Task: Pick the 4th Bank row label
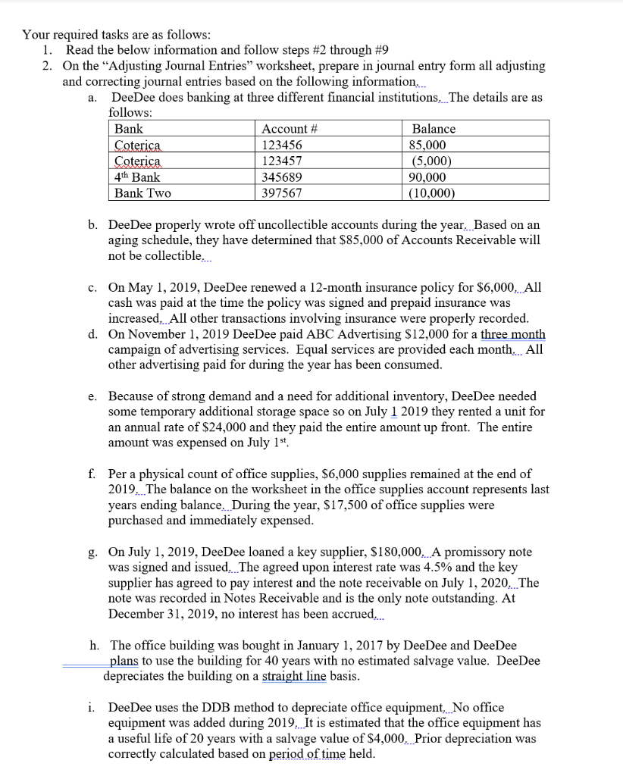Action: tap(136, 177)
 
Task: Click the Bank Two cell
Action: tap(142, 193)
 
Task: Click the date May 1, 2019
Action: tap(160, 288)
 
